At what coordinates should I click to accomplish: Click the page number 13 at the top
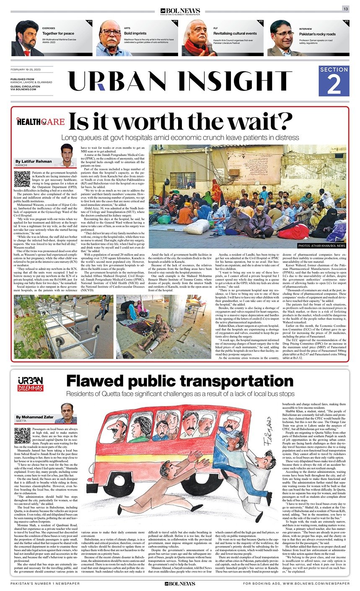[x=345, y=9]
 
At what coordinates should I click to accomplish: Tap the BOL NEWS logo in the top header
[x=180, y=11]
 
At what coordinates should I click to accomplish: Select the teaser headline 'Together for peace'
[x=58, y=33]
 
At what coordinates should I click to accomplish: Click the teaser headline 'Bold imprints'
[x=134, y=33]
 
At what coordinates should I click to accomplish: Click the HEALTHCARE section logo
[x=41, y=122]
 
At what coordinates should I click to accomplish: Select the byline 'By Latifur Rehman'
[x=34, y=161]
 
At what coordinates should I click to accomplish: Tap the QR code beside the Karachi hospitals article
[x=22, y=179]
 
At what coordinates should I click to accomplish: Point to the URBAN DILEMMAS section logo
[x=30, y=384]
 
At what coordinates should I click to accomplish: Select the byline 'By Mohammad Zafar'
[x=35, y=417]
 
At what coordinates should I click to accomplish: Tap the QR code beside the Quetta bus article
[x=22, y=436]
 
